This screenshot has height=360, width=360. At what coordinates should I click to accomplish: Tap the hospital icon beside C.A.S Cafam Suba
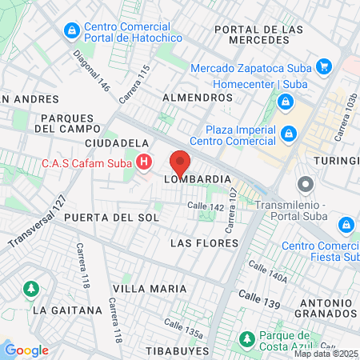145,164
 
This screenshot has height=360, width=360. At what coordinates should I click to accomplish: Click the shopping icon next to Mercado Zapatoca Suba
324,66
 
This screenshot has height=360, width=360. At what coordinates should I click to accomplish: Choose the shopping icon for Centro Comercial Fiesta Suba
346,225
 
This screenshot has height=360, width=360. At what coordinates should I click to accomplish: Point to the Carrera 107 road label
233,206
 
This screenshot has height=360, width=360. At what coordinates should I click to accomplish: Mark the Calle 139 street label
265,304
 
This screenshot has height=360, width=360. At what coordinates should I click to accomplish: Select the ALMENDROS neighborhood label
197,97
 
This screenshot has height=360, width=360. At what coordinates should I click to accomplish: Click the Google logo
26,350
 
